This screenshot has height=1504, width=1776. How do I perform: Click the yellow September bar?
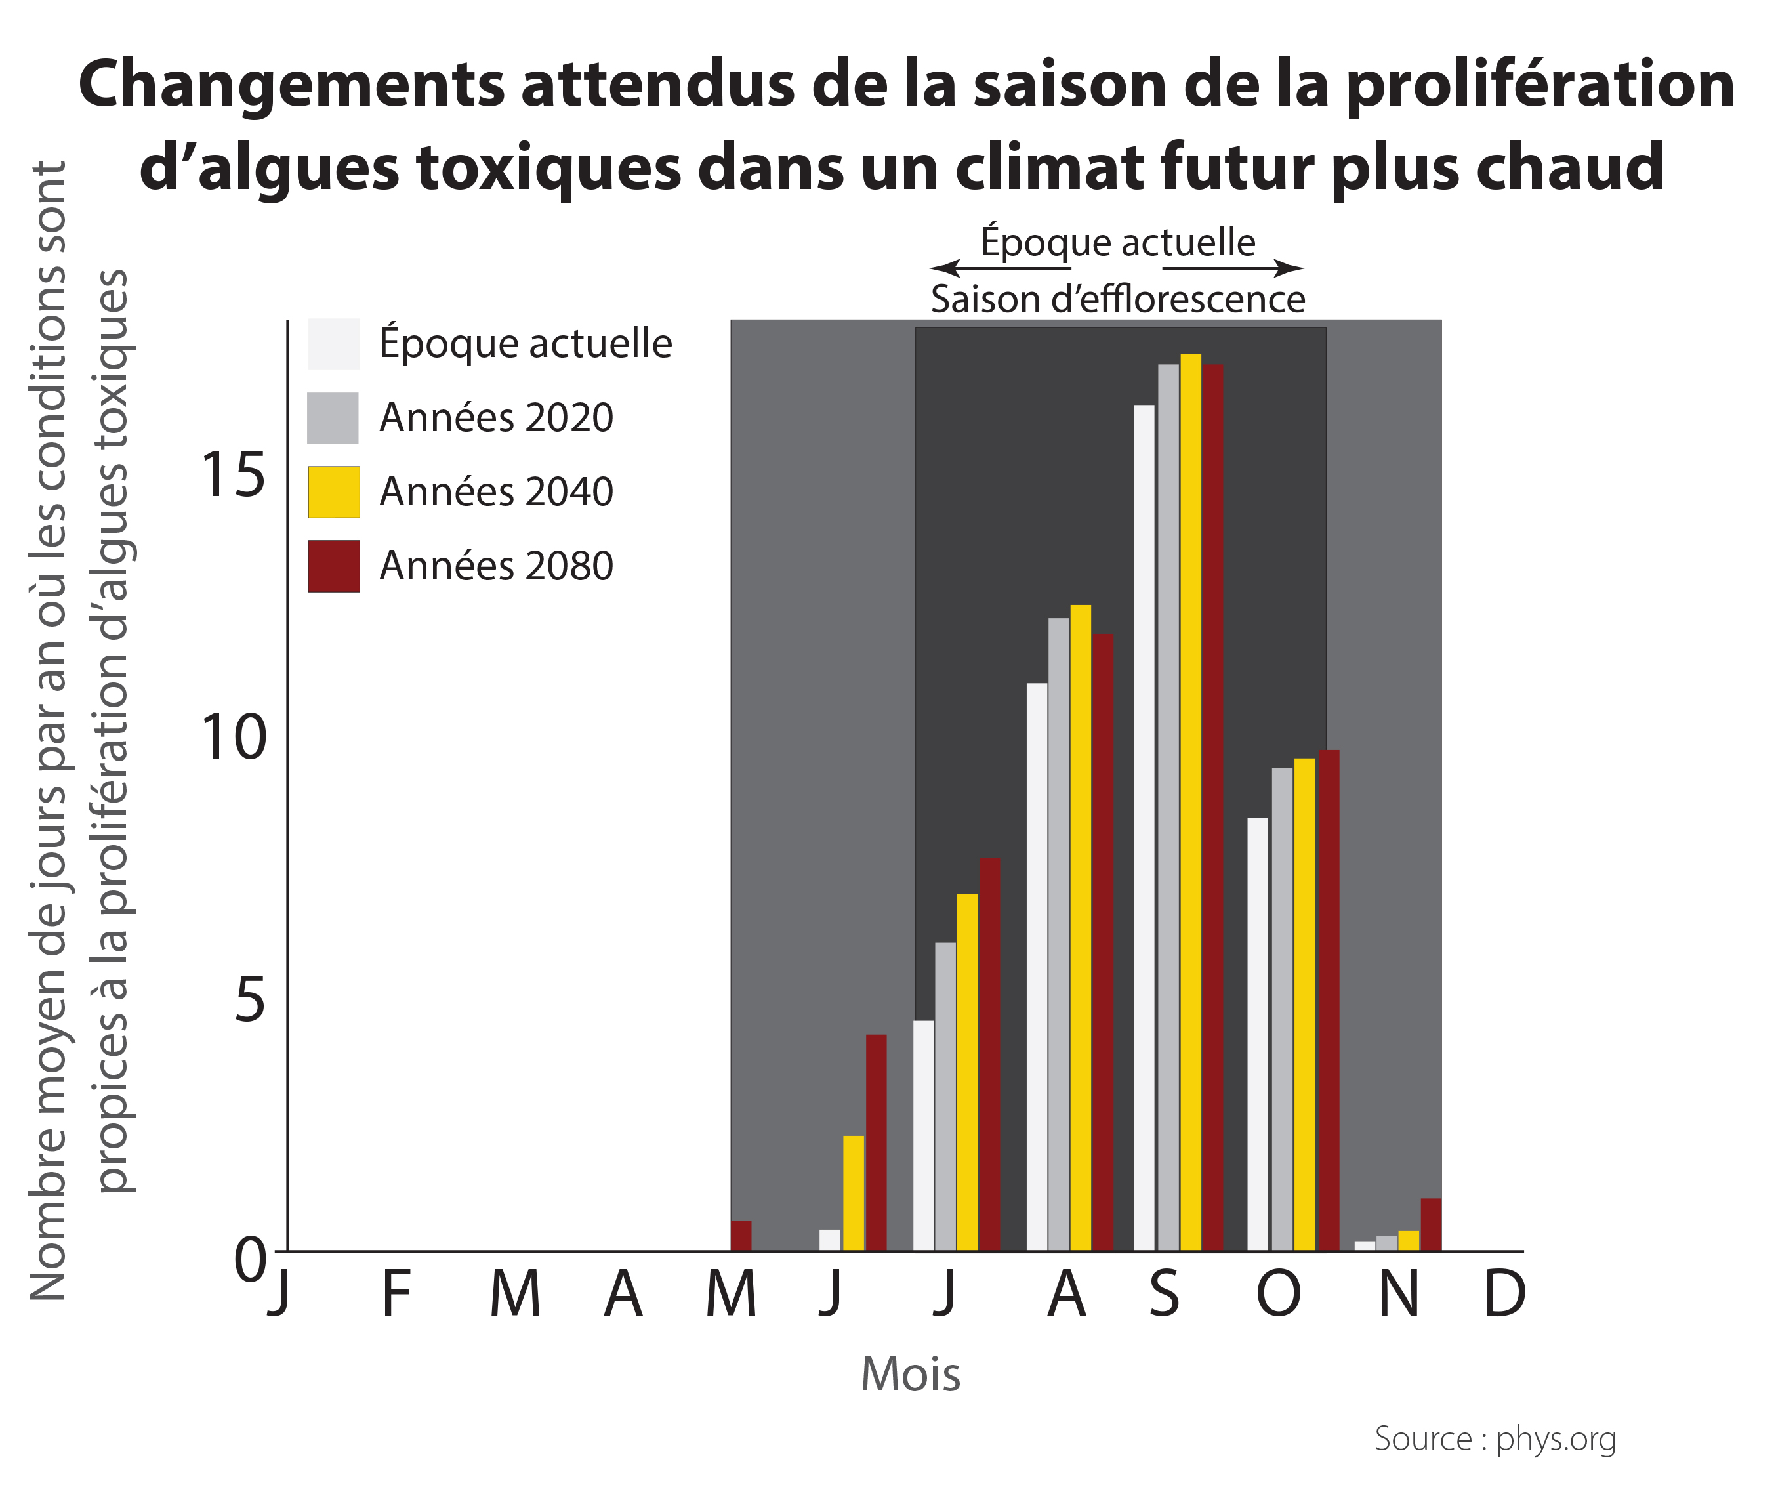[1190, 801]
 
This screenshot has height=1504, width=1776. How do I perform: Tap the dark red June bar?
[877, 1142]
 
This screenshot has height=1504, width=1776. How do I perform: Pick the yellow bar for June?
[854, 1193]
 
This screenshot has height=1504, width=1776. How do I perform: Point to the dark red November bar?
[1431, 1224]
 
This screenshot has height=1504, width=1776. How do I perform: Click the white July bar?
[923, 1135]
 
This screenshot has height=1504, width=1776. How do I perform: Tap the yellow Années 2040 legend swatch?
[333, 492]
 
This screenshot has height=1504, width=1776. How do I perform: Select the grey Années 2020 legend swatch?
[333, 418]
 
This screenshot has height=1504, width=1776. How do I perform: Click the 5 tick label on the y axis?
[250, 999]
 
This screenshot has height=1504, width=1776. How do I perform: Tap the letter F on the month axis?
[396, 1294]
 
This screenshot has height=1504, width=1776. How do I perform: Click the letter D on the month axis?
[1504, 1294]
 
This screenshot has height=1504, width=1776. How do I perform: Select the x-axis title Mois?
[910, 1375]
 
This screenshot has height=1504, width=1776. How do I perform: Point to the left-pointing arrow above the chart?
[947, 268]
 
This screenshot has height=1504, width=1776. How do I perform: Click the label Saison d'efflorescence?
[1117, 299]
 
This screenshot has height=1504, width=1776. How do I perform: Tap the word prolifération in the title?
[1540, 85]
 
